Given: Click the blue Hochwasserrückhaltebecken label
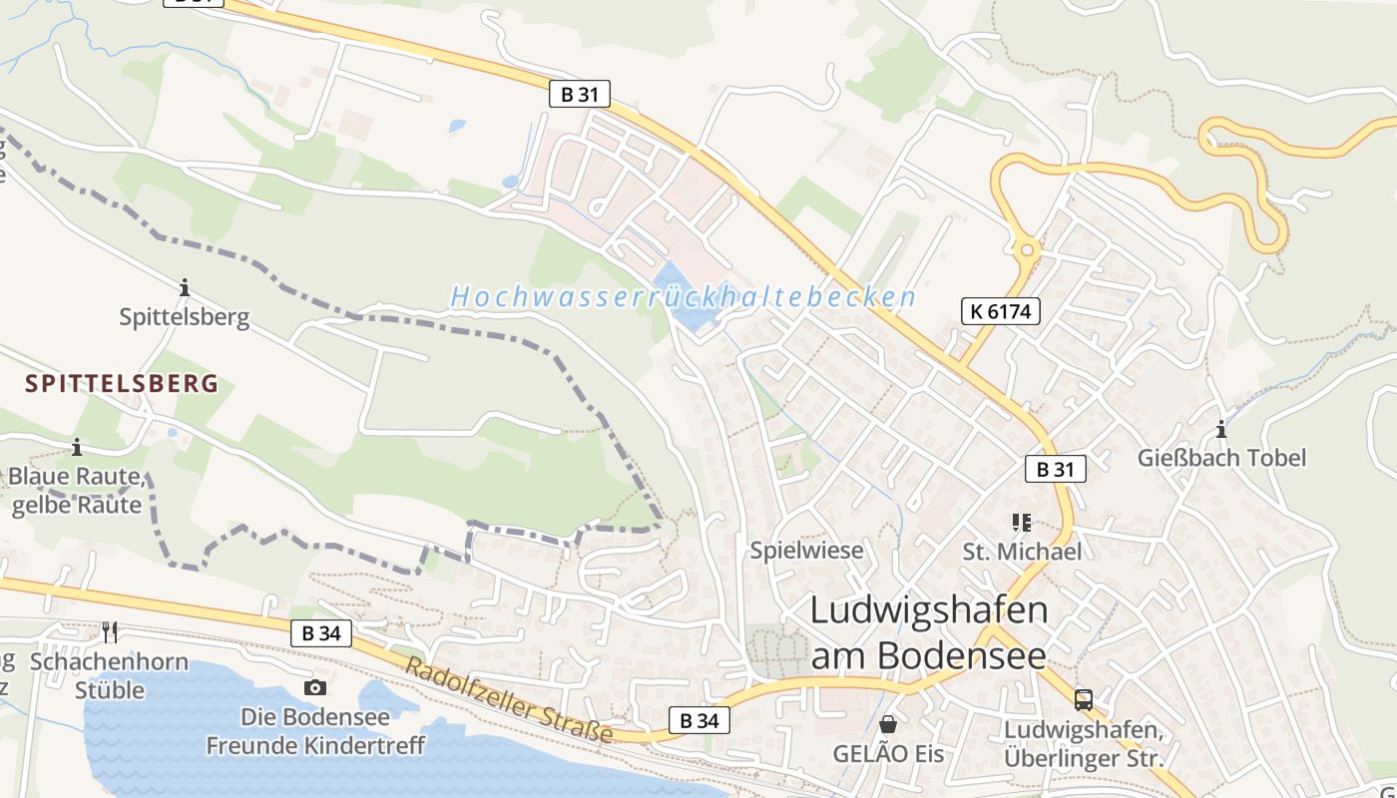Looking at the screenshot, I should pos(683,297).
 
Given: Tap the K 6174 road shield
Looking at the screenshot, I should pos(1000,311).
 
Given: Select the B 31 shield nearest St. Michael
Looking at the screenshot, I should pos(1055,469).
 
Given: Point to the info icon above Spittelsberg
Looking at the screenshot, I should pos(184,288).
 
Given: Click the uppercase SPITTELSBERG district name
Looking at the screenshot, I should pos(122,384).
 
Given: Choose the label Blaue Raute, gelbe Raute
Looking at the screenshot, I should pos(77,491).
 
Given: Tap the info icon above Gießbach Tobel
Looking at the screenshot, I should pos(1220,430).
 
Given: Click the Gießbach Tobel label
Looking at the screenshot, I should pos(1221,458).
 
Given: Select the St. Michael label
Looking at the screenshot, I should pos(1021,552).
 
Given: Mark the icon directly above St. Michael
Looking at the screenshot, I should pos(1021,522).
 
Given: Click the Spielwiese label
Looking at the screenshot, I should pos(806,551).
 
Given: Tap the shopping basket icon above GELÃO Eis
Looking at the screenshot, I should pos(887,723).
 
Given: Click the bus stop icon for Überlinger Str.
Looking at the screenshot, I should pos(1083,700).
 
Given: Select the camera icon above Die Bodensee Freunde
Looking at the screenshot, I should pos(315,687).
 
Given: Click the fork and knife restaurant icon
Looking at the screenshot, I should pos(110,631).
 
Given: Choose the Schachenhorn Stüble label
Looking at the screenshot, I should pos(110,675).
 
